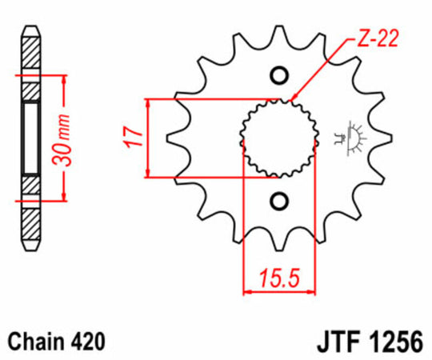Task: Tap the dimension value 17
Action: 134,138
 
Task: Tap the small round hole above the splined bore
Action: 280,76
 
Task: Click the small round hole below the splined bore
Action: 280,199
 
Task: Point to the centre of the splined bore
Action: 280,138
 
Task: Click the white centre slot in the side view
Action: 30,138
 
